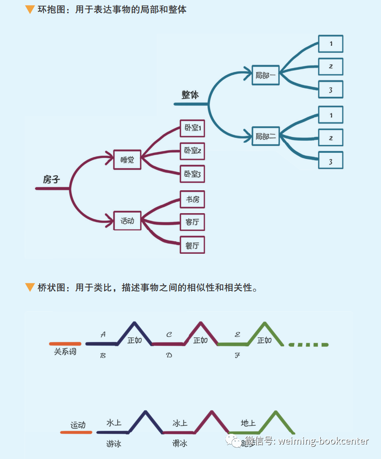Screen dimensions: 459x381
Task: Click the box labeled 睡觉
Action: (127, 160)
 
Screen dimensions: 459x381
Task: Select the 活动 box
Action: (127, 221)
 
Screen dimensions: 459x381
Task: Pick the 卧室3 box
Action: (192, 174)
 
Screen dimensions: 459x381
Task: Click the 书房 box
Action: (192, 199)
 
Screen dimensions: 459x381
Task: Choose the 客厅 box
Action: (192, 222)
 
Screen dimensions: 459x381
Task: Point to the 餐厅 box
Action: (192, 245)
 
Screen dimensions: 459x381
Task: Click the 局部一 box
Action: (265, 75)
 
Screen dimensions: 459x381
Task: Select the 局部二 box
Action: (265, 136)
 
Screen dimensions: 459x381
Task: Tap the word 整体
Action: (190, 95)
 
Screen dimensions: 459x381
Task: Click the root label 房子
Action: (51, 179)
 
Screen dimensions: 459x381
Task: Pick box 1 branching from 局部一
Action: (331, 44)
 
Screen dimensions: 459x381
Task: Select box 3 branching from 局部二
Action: (331, 161)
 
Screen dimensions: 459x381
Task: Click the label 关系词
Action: (65, 351)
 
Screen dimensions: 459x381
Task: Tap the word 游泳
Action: (113, 444)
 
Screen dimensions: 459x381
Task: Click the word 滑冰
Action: (180, 444)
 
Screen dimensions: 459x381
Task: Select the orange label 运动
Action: (78, 425)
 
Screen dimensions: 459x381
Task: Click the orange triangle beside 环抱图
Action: (30, 9)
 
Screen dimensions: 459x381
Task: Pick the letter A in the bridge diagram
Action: (103, 335)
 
